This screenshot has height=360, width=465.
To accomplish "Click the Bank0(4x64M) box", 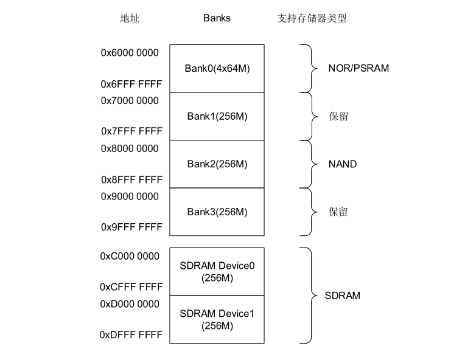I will click(x=217, y=68).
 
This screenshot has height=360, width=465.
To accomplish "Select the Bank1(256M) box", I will click(x=217, y=116).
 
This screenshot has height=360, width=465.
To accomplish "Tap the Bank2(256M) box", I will click(x=217, y=164).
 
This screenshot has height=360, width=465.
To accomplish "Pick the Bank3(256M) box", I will click(x=217, y=212).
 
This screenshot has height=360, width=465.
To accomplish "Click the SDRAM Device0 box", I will click(x=217, y=271).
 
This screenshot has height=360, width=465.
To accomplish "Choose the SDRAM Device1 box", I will click(x=217, y=319).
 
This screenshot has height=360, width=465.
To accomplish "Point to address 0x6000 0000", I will click(x=130, y=53).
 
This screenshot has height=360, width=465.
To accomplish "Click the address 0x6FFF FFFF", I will click(x=131, y=83).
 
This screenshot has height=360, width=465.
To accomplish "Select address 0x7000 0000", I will click(x=130, y=101).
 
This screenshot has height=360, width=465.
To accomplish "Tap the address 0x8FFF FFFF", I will click(x=131, y=179).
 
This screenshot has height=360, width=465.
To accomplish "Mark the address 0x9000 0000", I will click(x=130, y=197).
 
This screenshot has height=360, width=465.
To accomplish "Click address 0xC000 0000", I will click(x=130, y=257).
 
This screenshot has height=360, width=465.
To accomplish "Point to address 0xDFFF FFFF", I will click(x=131, y=334).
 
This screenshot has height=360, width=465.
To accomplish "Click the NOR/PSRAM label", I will click(x=358, y=68).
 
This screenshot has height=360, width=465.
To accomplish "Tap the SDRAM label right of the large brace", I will click(x=343, y=296).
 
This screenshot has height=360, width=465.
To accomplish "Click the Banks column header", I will click(x=217, y=18).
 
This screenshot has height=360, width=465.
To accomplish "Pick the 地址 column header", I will click(x=130, y=18).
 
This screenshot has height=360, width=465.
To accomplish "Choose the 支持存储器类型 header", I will click(x=312, y=18).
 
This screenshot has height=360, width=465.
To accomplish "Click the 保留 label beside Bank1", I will click(x=338, y=116).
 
